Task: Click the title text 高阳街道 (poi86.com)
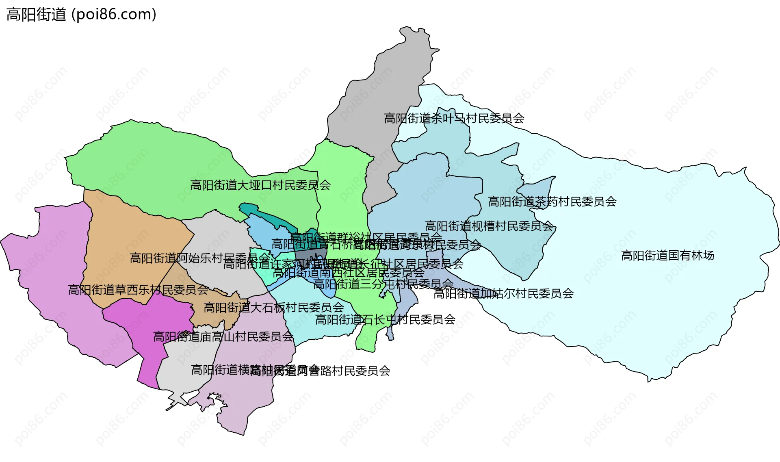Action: click(81, 15)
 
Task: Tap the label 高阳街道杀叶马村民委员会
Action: click(454, 118)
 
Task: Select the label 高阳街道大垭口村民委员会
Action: click(260, 185)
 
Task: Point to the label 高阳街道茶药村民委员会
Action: click(552, 202)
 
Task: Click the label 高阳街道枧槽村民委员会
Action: click(489, 226)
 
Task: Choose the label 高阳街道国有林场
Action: click(667, 256)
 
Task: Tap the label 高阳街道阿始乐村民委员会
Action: click(199, 258)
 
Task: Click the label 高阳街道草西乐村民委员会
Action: click(138, 290)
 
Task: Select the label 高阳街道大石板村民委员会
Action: click(273, 308)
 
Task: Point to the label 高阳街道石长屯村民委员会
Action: click(385, 320)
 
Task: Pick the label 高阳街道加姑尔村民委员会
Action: click(503, 293)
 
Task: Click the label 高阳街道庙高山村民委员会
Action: click(223, 337)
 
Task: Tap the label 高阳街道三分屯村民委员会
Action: click(383, 284)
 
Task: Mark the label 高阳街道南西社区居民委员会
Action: click(348, 273)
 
